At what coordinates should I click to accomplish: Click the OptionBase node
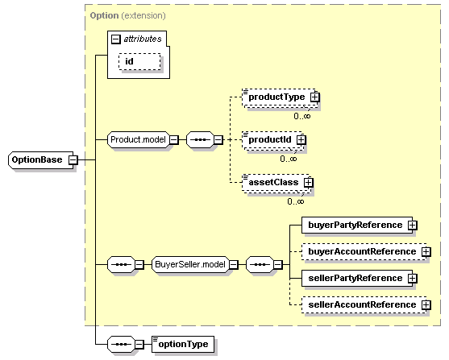click(37, 159)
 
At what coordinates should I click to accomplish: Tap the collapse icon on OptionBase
click(73, 159)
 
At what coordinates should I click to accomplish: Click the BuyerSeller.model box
click(189, 263)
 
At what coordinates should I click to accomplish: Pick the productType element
click(276, 97)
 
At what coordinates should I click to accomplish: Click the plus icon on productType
click(315, 97)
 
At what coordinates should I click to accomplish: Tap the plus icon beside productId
click(301, 139)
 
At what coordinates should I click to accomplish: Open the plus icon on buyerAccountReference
click(426, 251)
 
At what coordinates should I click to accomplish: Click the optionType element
click(182, 344)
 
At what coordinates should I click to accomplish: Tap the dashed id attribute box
click(139, 61)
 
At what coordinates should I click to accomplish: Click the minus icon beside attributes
click(117, 38)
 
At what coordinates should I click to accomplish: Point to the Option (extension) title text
click(128, 15)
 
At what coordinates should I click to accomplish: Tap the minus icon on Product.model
click(173, 139)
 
